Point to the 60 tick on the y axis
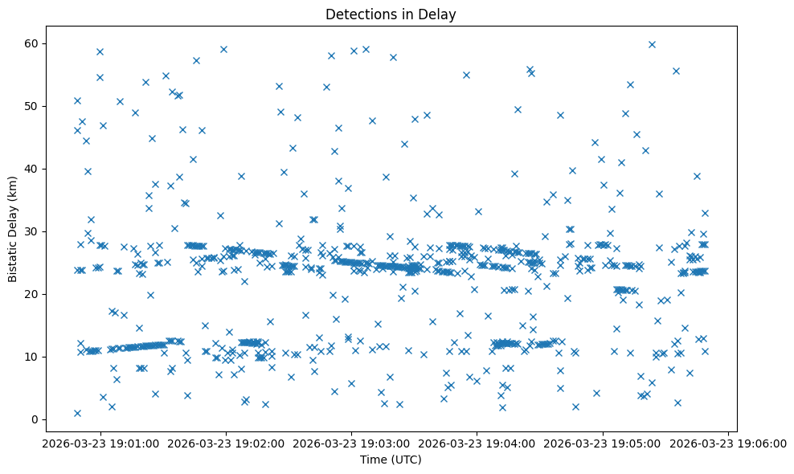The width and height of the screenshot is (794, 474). (37, 43)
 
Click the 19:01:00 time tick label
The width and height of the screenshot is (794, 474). (100, 443)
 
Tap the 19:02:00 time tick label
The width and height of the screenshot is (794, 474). (226, 443)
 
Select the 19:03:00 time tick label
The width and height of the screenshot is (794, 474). (351, 443)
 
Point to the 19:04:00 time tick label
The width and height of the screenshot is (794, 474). (477, 443)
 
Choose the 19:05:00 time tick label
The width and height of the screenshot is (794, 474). (603, 443)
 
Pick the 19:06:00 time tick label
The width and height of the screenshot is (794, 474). (729, 443)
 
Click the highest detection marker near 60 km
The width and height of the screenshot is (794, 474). (652, 44)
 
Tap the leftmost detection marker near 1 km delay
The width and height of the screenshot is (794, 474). (77, 413)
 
